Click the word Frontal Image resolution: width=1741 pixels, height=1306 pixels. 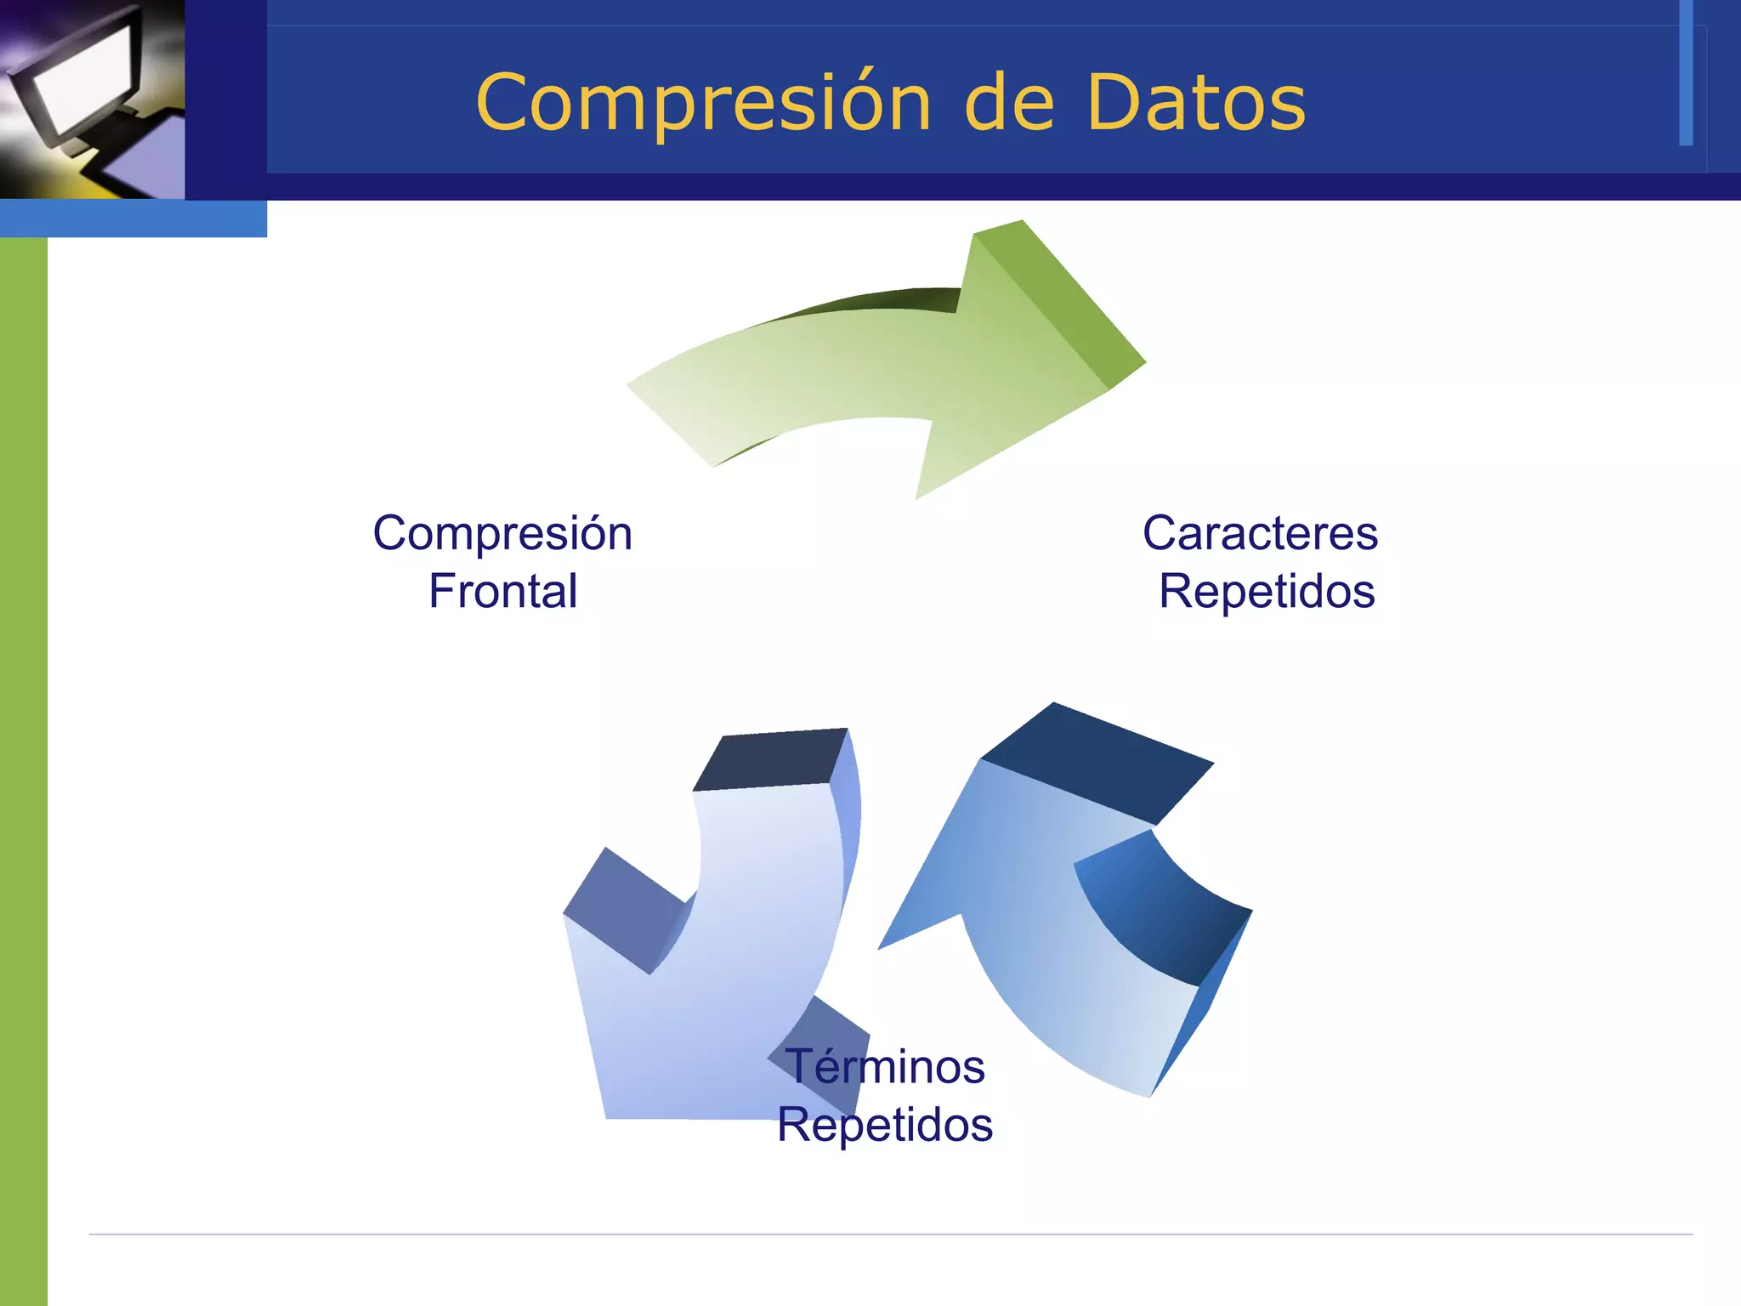click(503, 591)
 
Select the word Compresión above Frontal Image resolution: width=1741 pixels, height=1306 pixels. click(502, 533)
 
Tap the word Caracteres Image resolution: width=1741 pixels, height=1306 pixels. click(1260, 533)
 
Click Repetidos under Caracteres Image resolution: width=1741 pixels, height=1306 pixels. click(1267, 591)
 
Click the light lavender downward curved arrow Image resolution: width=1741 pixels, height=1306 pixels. click(723, 978)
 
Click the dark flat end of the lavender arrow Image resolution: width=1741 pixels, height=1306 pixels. click(769, 758)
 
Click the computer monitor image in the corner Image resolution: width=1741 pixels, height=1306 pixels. click(92, 99)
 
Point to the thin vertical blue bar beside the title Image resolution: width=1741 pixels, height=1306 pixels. click(1686, 72)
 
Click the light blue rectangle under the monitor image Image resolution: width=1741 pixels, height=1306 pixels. click(133, 219)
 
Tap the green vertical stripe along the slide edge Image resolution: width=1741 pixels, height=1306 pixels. click(23, 765)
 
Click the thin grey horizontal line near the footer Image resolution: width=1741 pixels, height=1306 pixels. click(891, 1234)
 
